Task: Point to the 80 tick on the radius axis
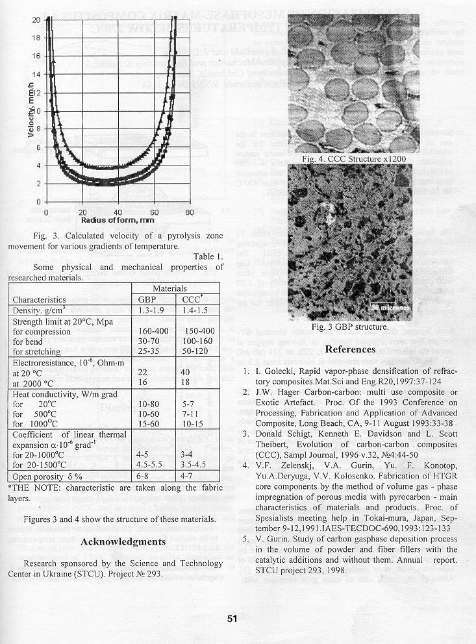pyautogui.click(x=189, y=212)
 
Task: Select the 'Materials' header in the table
pyautogui.click(x=169, y=288)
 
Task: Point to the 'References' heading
pyautogui.click(x=350, y=349)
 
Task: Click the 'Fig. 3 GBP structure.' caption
pyautogui.click(x=350, y=327)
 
